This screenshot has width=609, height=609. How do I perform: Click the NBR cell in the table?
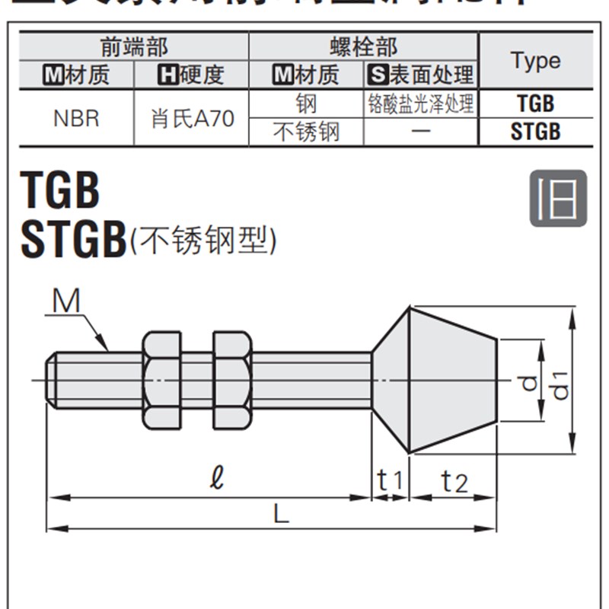76,119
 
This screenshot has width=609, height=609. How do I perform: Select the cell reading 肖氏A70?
192,119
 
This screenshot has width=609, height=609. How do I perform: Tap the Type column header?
535,61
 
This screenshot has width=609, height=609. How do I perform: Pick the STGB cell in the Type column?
535,132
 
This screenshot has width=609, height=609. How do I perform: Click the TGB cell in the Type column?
535,104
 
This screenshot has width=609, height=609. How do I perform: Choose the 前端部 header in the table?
134,46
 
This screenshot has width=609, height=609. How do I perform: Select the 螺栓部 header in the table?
363,46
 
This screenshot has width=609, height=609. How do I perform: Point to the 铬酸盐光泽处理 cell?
420,104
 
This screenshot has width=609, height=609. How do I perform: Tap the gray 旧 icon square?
558,198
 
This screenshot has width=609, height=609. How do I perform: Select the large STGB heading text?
74,241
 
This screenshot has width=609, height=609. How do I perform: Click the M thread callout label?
66,302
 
